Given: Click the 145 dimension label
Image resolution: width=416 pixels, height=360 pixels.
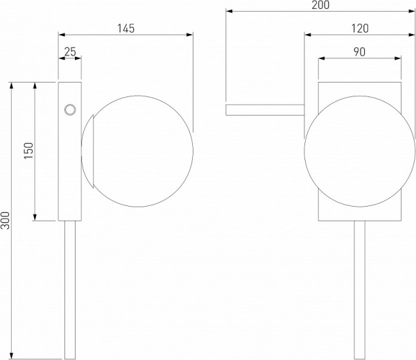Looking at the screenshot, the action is point(126,28).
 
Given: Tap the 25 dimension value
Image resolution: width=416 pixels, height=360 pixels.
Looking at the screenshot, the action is point(70,52).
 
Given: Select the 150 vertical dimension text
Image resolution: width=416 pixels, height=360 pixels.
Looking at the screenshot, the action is point(29,151).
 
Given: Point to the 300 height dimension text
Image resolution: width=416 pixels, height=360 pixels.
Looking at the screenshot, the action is point(6,221).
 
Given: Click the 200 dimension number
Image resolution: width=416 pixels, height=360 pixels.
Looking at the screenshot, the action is point(320,5).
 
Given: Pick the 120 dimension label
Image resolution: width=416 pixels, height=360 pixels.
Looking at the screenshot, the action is point(360,28).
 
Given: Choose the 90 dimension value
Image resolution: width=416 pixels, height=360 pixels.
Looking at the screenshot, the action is point(359,52).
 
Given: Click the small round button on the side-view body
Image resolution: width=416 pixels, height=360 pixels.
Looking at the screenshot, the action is point(70,110).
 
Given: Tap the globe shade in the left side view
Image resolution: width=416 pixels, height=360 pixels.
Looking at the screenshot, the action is point(137,151).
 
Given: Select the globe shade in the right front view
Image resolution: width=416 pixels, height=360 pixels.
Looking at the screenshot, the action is point(360,151).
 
